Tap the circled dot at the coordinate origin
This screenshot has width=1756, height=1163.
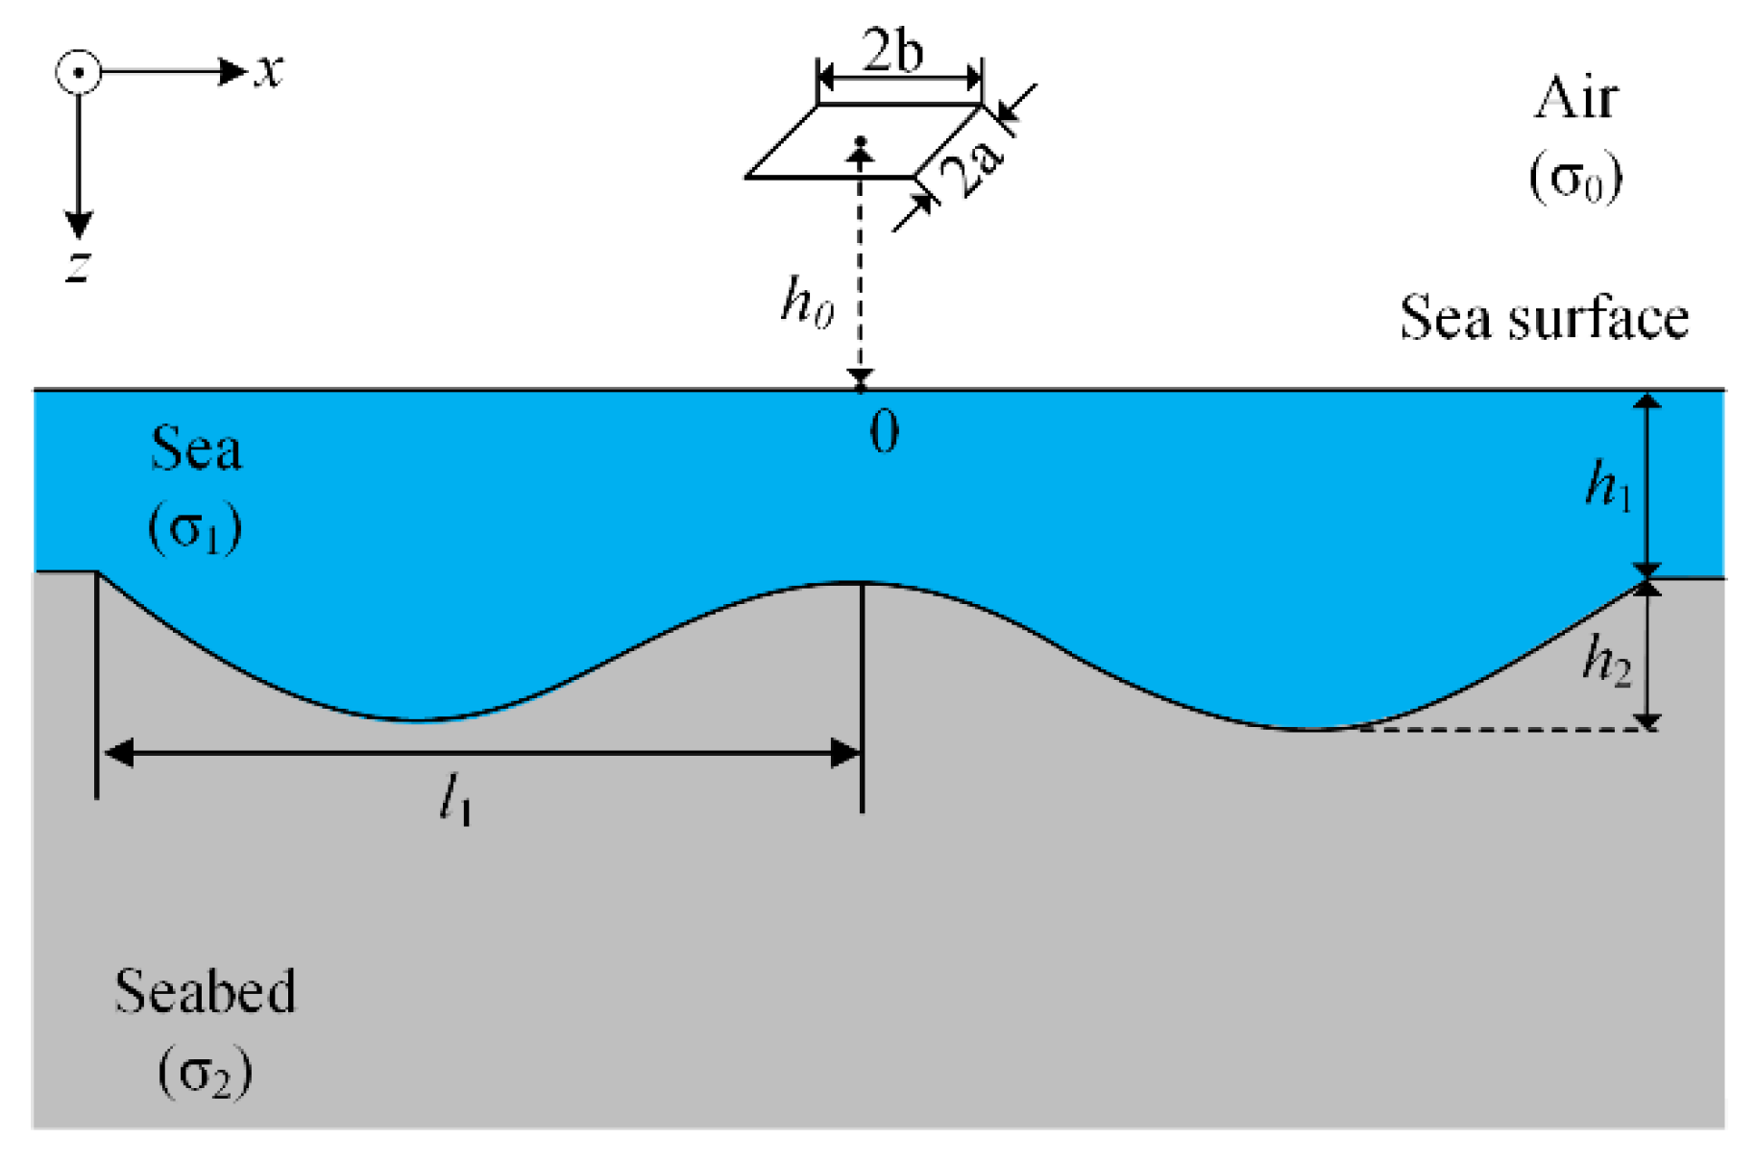click(x=79, y=72)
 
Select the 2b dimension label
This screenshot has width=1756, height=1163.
click(x=893, y=50)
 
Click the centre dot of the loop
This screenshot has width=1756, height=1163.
click(x=861, y=142)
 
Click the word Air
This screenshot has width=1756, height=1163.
click(x=1575, y=98)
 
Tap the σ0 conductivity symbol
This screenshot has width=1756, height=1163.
click(x=1576, y=178)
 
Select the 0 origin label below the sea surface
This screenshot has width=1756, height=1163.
click(x=885, y=432)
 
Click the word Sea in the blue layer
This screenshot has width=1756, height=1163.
click(x=196, y=448)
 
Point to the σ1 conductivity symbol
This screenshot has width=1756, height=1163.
click(x=195, y=528)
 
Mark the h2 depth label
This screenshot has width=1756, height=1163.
click(x=1606, y=662)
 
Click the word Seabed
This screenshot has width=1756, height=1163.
click(x=205, y=991)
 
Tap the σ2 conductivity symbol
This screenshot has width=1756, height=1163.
click(x=206, y=1073)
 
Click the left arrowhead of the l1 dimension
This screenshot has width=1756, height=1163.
click(x=118, y=753)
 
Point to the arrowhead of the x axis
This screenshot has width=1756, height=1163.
click(x=233, y=71)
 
